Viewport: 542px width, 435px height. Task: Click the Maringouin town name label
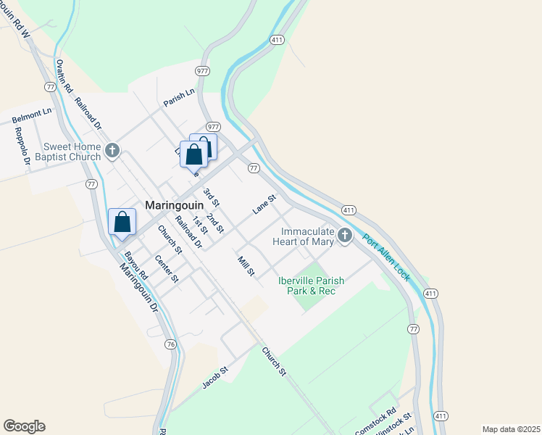(x=174, y=205)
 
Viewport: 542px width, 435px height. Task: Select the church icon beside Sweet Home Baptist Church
(x=112, y=151)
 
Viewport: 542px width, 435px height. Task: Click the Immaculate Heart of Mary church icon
(x=345, y=235)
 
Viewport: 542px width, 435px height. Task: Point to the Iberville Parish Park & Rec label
(x=312, y=286)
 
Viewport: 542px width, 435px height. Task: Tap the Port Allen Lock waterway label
(x=386, y=257)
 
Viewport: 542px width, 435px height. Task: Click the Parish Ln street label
(x=179, y=97)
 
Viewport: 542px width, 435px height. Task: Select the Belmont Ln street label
(x=32, y=115)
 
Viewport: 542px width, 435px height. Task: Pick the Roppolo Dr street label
(x=22, y=147)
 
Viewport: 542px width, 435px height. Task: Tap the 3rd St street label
(x=211, y=196)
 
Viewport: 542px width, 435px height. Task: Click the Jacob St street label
(x=215, y=377)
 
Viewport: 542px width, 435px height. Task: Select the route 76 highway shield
(x=170, y=344)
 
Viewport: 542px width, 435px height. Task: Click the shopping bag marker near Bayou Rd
(x=122, y=222)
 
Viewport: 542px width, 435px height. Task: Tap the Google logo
(x=24, y=426)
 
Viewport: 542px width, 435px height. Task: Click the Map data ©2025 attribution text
(x=511, y=429)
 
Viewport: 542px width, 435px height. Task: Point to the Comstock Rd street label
(x=375, y=421)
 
